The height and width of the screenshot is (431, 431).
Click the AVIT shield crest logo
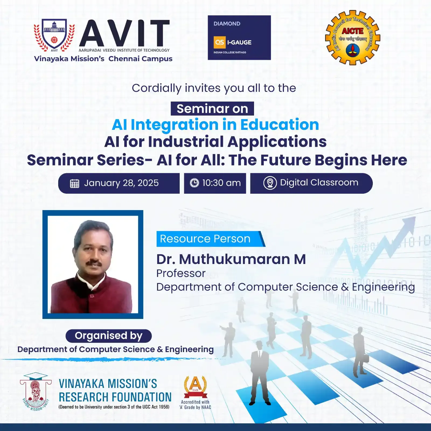54,35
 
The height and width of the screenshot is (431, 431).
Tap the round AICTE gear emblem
352,38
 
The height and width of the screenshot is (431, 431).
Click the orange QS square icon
220,42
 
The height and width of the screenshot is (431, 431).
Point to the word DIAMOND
227,24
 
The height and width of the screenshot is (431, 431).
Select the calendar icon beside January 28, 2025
75,183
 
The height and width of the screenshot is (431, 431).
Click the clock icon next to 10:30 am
194,183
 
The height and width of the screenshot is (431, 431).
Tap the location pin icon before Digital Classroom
270,183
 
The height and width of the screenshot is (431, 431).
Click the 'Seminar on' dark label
212,109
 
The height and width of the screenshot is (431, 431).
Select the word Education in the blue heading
279,125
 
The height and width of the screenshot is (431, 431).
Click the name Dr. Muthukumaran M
231,259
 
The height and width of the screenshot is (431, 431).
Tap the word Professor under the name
181,273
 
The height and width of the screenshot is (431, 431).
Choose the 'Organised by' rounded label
109,336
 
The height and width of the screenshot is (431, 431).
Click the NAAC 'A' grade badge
195,387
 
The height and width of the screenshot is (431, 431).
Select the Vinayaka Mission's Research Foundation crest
36,392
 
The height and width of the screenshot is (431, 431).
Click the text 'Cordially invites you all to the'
214,88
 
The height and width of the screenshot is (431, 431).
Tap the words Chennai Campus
140,59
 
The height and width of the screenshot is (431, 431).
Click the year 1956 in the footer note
164,407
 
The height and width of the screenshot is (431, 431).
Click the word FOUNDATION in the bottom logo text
142,397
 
